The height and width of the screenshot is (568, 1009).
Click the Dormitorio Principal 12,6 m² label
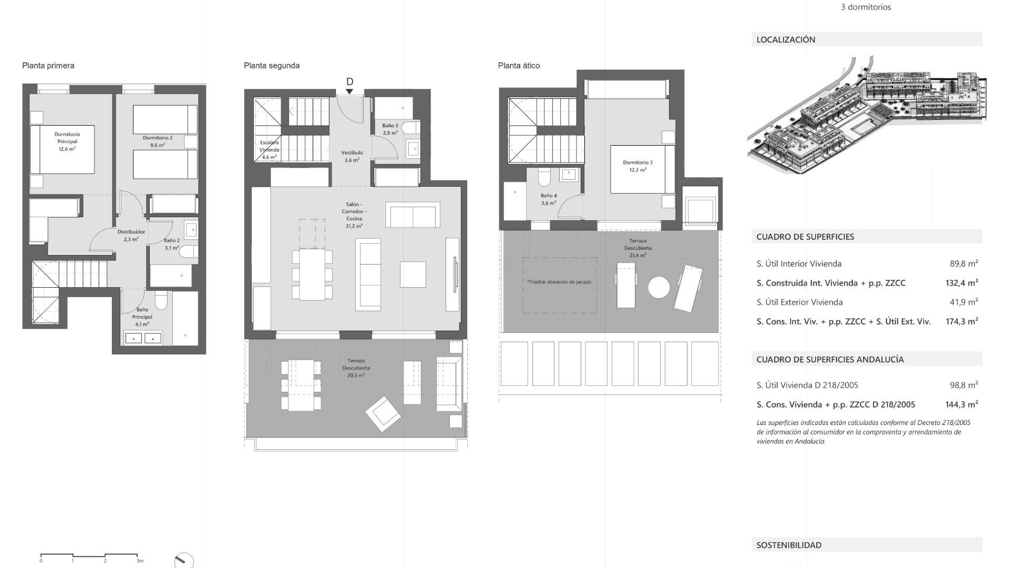coord(67,141)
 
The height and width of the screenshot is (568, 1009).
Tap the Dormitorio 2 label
coord(158,141)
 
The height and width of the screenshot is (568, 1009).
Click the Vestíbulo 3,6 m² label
coord(352,156)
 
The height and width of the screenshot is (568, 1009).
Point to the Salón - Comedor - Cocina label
coord(354,215)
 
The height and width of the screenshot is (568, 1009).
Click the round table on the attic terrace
coord(658,287)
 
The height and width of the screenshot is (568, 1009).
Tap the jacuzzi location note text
coord(559,282)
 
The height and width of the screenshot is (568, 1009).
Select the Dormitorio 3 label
coord(637,166)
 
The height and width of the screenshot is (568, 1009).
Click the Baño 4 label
coord(549,199)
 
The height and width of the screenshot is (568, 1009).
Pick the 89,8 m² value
coord(963,263)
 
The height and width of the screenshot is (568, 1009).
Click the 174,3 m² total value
coord(961,321)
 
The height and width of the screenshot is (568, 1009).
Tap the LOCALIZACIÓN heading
coord(786,39)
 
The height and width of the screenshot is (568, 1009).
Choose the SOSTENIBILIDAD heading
coord(789,545)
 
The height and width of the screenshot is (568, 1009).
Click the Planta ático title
coord(519,66)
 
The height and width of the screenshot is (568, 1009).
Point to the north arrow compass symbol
coord(183,561)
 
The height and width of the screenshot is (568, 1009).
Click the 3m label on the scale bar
coord(140,561)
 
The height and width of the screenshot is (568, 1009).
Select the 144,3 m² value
coord(961,404)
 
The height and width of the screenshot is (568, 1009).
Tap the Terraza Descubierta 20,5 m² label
coord(356,368)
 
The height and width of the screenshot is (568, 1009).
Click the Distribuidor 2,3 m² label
coord(131,235)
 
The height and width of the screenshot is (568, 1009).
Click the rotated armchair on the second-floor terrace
coord(383,414)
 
